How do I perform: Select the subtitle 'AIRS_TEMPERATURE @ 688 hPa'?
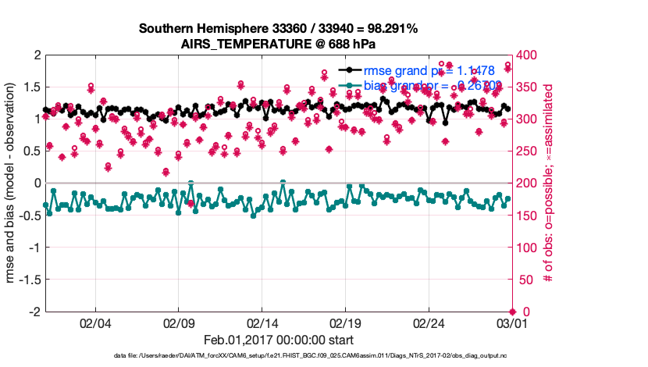pos(278,43)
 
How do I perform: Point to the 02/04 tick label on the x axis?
pos(95,322)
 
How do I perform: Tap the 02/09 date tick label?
pos(179,322)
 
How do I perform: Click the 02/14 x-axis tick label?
pos(262,322)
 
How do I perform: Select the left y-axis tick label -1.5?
pos(28,280)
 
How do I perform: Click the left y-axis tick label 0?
pos(35,183)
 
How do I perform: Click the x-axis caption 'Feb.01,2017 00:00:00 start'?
pos(278,340)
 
